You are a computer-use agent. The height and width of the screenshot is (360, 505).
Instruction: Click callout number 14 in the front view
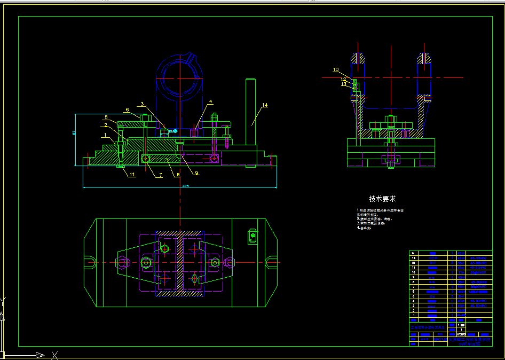(x=265, y=105)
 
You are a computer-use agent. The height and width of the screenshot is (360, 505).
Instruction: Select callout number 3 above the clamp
(x=142, y=104)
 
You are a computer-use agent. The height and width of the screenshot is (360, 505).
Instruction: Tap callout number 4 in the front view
(x=210, y=101)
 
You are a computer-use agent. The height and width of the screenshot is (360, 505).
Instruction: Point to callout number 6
(x=127, y=110)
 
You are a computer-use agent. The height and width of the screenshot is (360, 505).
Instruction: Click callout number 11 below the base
(x=132, y=175)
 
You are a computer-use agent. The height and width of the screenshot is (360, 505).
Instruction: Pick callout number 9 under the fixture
(x=196, y=173)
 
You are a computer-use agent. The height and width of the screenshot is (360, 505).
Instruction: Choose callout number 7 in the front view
(x=159, y=175)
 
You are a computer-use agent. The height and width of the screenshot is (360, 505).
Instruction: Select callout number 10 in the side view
(x=336, y=69)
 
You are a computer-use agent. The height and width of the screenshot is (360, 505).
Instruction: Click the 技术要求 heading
(x=383, y=199)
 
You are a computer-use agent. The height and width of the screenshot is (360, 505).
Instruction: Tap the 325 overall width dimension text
(x=185, y=186)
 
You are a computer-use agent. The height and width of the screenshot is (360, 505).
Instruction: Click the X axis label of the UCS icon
(x=54, y=355)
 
